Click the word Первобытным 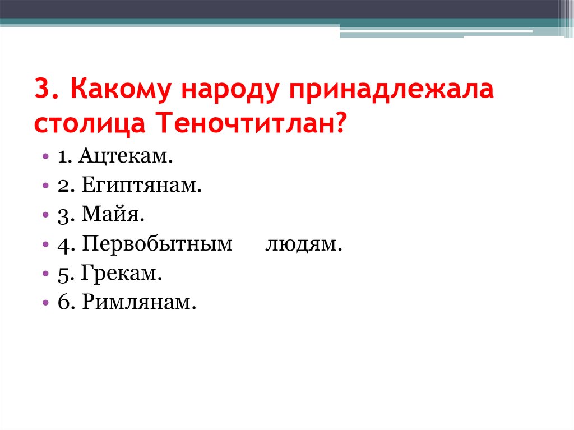click(157, 244)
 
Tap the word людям click(303, 244)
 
